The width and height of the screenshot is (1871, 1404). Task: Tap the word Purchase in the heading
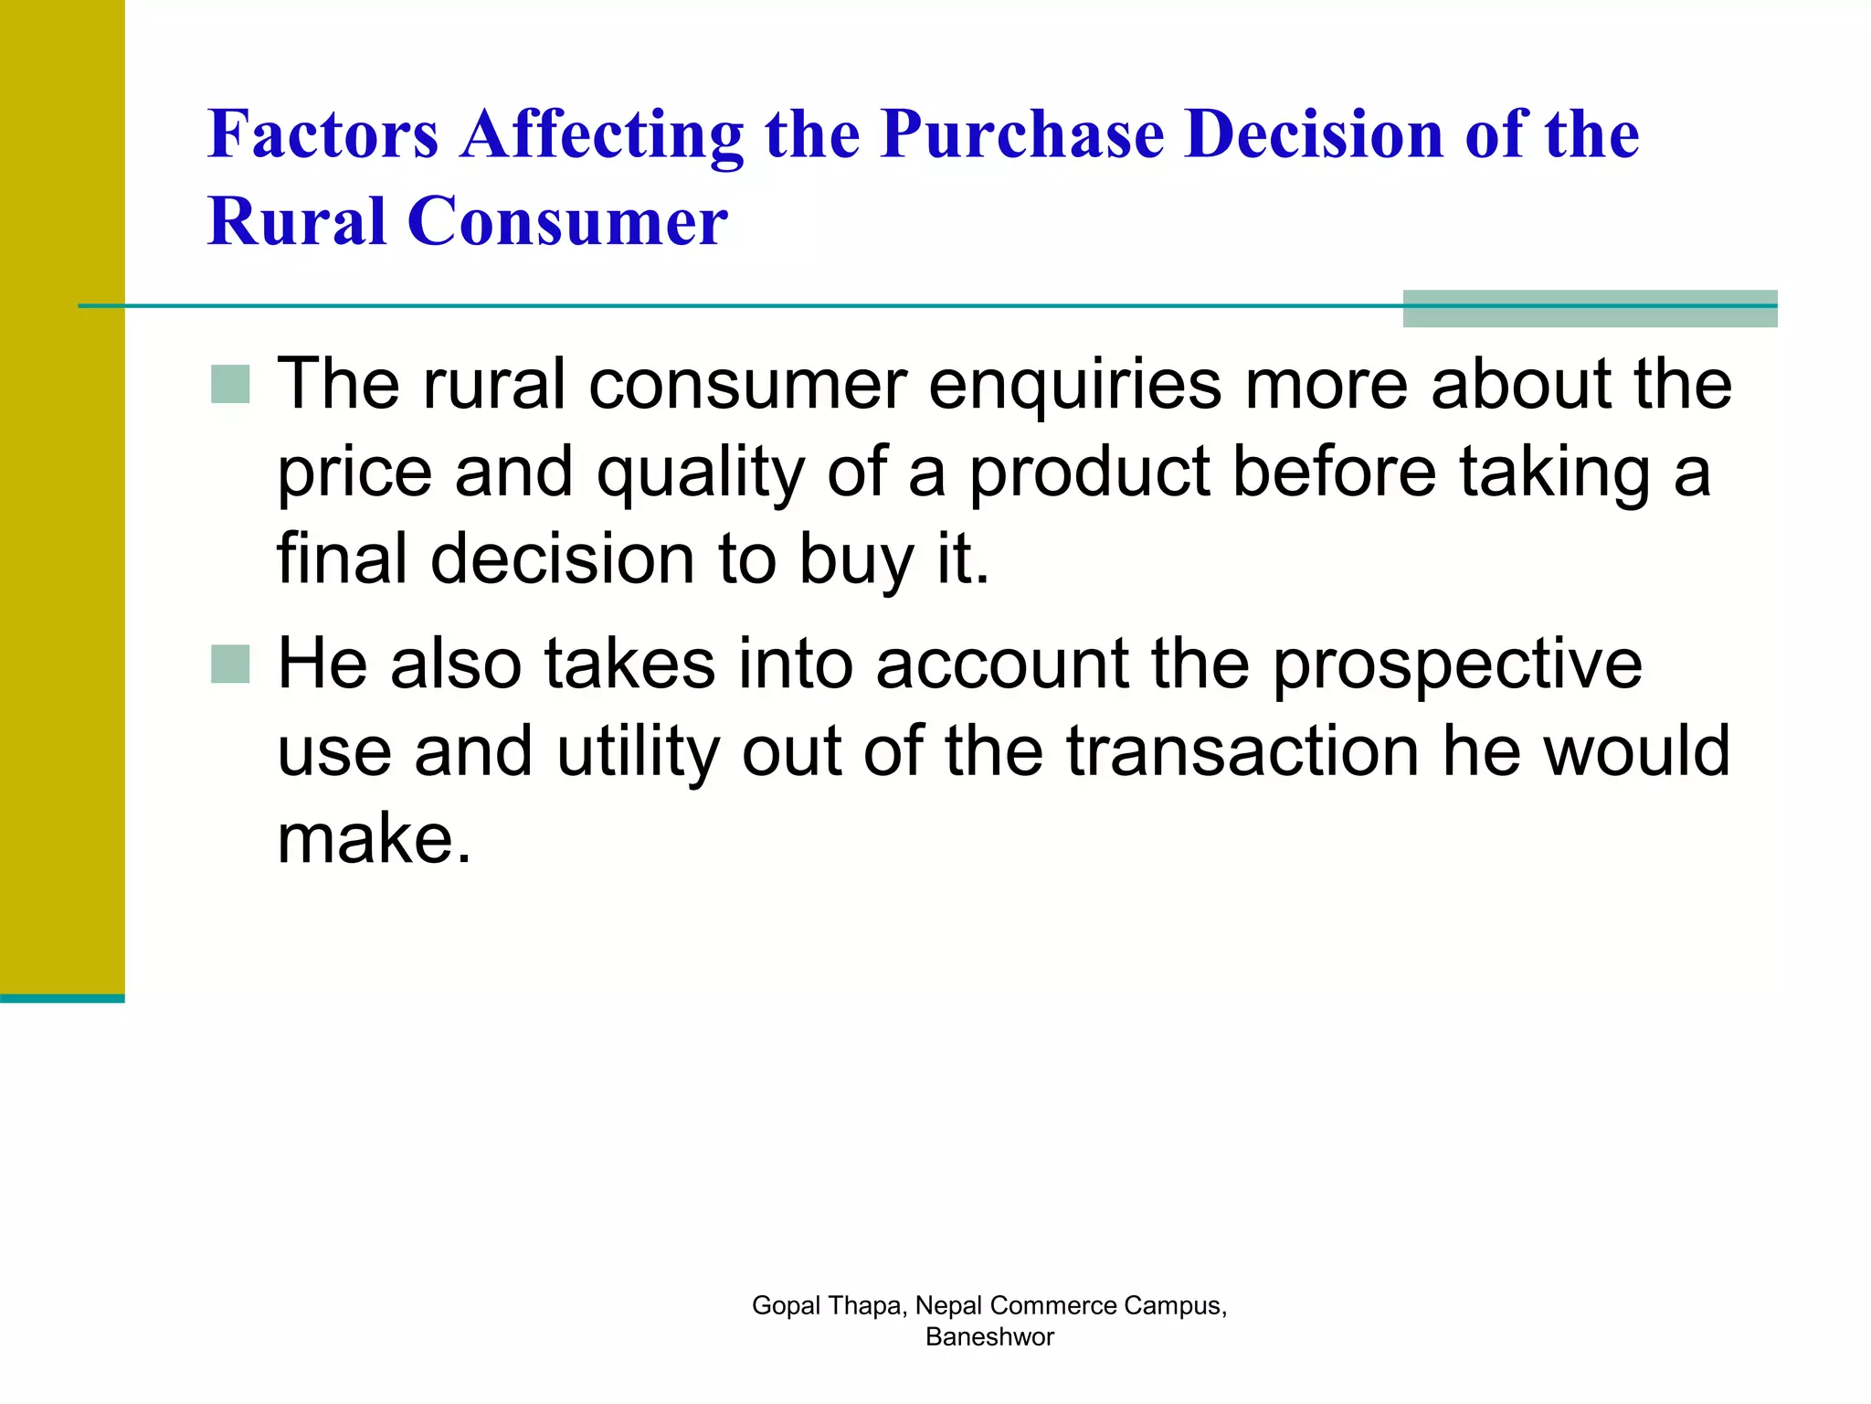tap(1022, 134)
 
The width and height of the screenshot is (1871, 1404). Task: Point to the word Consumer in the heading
tap(567, 221)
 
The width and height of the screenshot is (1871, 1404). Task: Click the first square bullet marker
tap(230, 384)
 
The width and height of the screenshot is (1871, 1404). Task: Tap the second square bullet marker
tap(230, 665)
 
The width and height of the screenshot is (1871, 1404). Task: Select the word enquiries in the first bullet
tap(1074, 384)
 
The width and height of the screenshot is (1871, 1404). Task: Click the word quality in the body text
tap(700, 473)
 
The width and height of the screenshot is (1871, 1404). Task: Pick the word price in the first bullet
tap(354, 473)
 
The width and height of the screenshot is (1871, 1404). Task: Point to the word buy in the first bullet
tap(855, 560)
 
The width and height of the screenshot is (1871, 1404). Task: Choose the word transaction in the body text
tap(1242, 751)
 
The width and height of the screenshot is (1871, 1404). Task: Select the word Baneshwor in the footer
tap(989, 1337)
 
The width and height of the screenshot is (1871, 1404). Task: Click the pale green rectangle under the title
tap(1589, 309)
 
